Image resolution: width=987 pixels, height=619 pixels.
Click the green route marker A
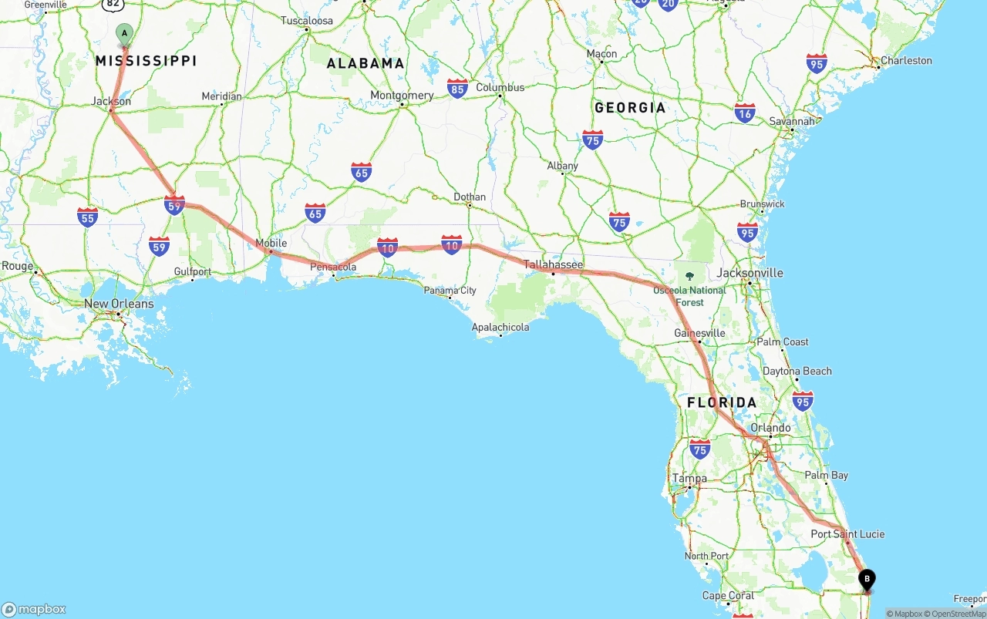[124, 34]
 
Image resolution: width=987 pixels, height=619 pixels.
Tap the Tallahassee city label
[553, 264]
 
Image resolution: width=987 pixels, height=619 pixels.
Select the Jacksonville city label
[750, 273]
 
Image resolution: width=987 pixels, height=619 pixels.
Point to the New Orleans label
[119, 304]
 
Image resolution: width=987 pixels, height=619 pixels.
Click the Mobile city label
[271, 244]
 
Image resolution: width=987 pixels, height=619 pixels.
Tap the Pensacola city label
[333, 267]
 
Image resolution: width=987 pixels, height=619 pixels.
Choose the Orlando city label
[770, 428]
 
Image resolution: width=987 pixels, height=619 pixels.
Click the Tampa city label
[689, 479]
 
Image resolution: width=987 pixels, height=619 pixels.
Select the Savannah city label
[792, 122]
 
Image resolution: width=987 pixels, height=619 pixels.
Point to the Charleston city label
[906, 61]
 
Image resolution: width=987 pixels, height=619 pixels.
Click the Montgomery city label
[402, 96]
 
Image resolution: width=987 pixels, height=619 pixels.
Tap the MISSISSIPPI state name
[146, 61]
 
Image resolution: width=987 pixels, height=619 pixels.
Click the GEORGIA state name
[629, 108]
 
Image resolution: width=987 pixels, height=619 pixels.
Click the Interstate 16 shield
[745, 113]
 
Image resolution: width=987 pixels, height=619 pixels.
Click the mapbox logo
[34, 609]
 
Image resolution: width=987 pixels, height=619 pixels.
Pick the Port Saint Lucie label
[847, 534]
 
